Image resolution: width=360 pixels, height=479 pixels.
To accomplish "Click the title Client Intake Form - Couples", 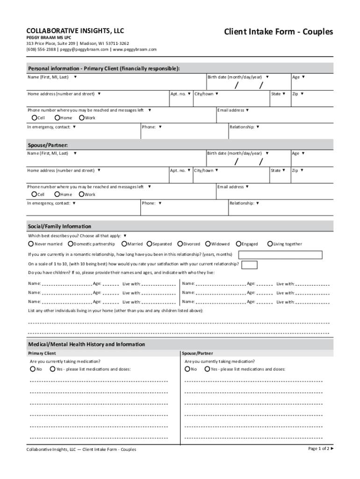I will [278, 32].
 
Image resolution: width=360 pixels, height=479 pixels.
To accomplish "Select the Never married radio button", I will [31, 244].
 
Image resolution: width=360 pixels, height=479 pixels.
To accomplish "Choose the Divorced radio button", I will [180, 244].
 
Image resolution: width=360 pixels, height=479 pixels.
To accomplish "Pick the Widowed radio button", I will [208, 244].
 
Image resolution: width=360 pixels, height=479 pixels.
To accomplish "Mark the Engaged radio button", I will [238, 244].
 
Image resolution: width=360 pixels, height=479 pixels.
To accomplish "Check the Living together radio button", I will [270, 244].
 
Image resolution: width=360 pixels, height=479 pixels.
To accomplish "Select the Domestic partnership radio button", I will [70, 244].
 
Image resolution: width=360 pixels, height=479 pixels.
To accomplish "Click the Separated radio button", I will [149, 244].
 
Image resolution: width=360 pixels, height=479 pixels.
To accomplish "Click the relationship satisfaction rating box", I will [249, 265].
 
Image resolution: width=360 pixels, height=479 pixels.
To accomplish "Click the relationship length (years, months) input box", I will [280, 255].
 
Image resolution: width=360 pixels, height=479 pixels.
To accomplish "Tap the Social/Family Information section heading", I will [59, 226].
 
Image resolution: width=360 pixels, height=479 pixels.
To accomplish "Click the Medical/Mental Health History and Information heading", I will [86, 344].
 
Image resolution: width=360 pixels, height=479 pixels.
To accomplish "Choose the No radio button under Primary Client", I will [33, 369].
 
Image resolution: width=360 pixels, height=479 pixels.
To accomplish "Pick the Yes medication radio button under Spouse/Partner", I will [207, 369].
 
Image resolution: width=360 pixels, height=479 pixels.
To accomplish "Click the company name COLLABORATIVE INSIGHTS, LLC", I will [75, 31].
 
